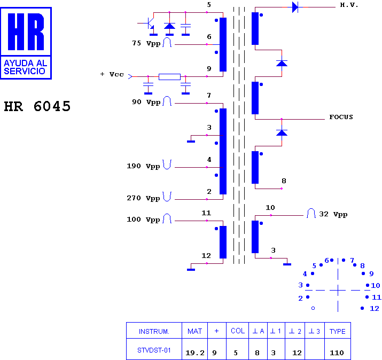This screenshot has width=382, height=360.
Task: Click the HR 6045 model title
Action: click(x=37, y=106)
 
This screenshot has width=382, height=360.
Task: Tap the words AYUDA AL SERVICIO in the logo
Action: click(x=26, y=67)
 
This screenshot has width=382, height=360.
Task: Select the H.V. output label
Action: click(x=349, y=5)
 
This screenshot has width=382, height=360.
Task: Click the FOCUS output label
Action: click(x=341, y=117)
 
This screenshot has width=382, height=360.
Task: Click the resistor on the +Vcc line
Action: click(x=169, y=77)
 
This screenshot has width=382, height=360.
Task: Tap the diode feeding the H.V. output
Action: click(x=295, y=7)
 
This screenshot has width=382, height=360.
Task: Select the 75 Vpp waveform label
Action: click(x=146, y=43)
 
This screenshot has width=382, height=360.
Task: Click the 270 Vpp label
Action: click(x=143, y=198)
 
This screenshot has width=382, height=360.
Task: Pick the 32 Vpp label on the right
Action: click(x=333, y=214)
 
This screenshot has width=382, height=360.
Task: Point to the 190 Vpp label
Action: click(x=143, y=166)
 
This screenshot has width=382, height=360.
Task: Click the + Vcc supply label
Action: click(x=112, y=74)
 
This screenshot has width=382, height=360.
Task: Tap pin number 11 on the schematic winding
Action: click(x=206, y=213)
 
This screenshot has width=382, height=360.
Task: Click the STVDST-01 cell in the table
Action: click(x=154, y=350)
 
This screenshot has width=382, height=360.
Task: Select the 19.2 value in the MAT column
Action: click(x=195, y=353)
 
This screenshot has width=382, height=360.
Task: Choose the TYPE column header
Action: click(x=338, y=331)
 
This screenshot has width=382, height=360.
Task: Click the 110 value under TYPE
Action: click(x=337, y=353)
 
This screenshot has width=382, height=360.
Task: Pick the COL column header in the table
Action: click(x=238, y=331)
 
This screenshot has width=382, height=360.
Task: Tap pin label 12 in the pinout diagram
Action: click(x=375, y=309)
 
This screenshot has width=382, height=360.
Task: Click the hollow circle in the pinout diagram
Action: click(x=313, y=308)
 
